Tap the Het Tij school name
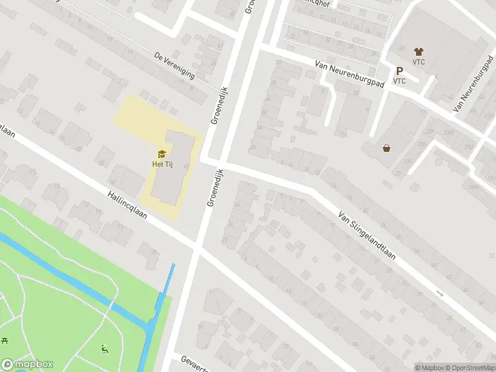pyautogui.click(x=162, y=164)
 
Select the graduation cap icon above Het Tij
pyautogui.click(x=162, y=154)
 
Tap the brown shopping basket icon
pyautogui.click(x=387, y=148)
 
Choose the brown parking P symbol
pyautogui.click(x=399, y=71)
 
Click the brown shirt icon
pyautogui.click(x=418, y=51)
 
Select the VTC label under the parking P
pyautogui.click(x=399, y=81)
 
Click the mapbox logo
pyautogui.click(x=27, y=365)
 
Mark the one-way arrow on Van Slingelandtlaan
pyautogui.click(x=440, y=293)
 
